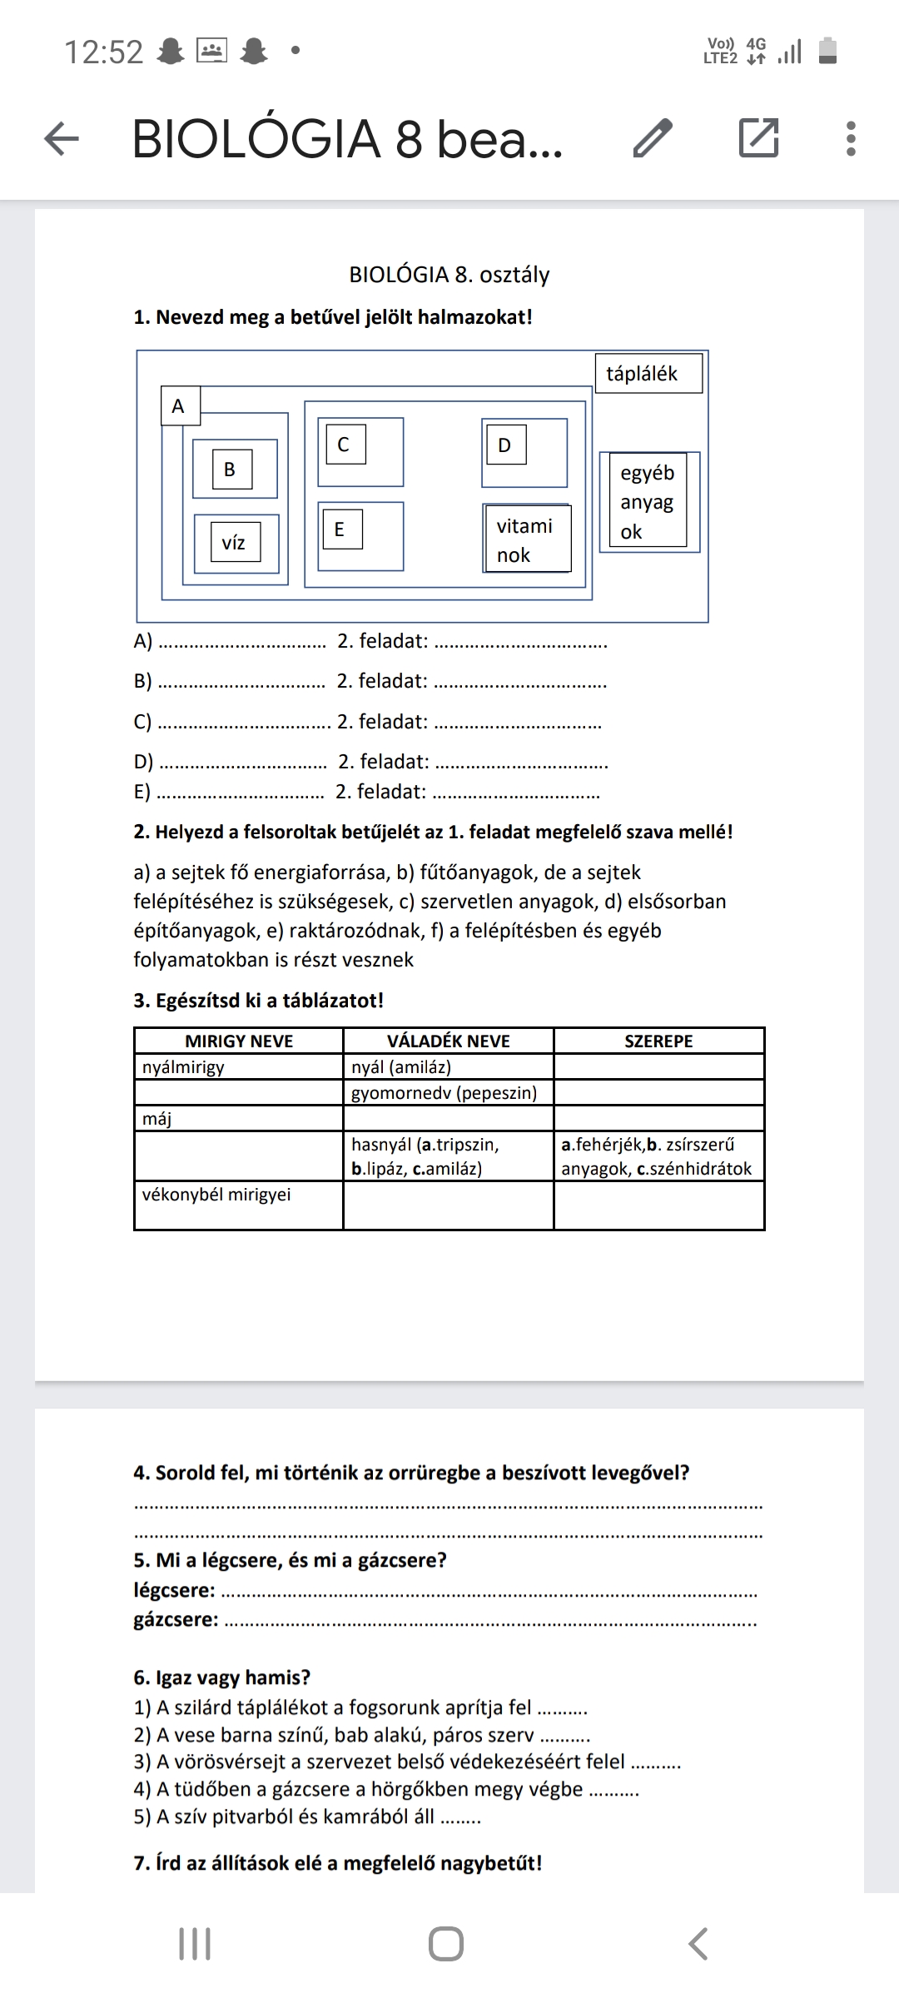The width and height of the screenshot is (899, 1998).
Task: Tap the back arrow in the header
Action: point(61,138)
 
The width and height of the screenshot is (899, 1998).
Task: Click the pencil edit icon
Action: point(653,138)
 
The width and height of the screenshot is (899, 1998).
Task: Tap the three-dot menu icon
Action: point(850,138)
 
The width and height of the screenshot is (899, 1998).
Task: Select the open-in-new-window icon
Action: point(758,138)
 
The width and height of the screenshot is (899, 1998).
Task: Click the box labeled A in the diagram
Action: point(179,406)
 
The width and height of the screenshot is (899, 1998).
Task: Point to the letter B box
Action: point(231,470)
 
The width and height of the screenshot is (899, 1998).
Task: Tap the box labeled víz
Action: point(234,544)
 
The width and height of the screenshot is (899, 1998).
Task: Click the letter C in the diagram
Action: point(344,445)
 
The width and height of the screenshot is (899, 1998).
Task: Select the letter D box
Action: point(504,445)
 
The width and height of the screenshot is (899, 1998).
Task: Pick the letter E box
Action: point(340,529)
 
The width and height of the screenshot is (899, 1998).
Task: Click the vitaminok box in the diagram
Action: point(526,539)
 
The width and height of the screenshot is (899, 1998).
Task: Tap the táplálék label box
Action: point(648,374)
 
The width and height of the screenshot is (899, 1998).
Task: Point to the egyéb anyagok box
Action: point(648,501)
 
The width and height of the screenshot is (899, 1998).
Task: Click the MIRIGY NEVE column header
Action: point(239,1041)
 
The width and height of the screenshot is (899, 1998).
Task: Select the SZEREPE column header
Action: point(658,1041)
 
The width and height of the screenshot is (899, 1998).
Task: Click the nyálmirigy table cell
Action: point(239,1067)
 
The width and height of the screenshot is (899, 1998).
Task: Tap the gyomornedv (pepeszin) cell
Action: point(448,1093)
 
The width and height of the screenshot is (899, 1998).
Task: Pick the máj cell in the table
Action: point(239,1119)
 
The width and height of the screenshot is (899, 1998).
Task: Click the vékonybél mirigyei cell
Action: point(239,1204)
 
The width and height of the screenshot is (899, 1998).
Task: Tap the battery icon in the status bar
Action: point(827,51)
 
